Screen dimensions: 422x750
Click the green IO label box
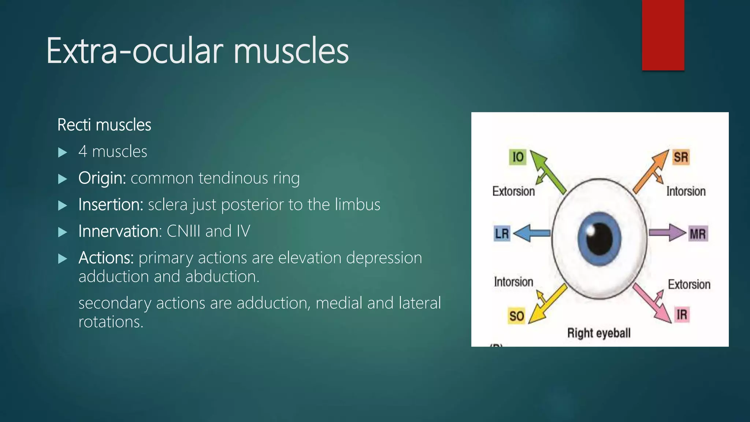point(517,157)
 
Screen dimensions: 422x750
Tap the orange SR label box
point(681,157)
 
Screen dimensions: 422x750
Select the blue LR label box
point(502,233)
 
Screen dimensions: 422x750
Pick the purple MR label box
point(698,234)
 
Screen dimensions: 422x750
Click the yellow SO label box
point(517,316)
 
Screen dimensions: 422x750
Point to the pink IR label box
point(682,314)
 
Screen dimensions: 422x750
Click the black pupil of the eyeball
point(599,239)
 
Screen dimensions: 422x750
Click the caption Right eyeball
point(599,333)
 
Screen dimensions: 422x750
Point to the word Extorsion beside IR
point(689,285)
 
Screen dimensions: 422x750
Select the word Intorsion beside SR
point(686,191)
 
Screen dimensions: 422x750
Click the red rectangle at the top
point(663,35)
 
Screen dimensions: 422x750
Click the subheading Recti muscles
point(104,125)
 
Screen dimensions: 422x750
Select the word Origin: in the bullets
point(102,178)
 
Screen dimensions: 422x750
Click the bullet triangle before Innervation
point(63,232)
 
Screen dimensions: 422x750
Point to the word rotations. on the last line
point(111,322)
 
